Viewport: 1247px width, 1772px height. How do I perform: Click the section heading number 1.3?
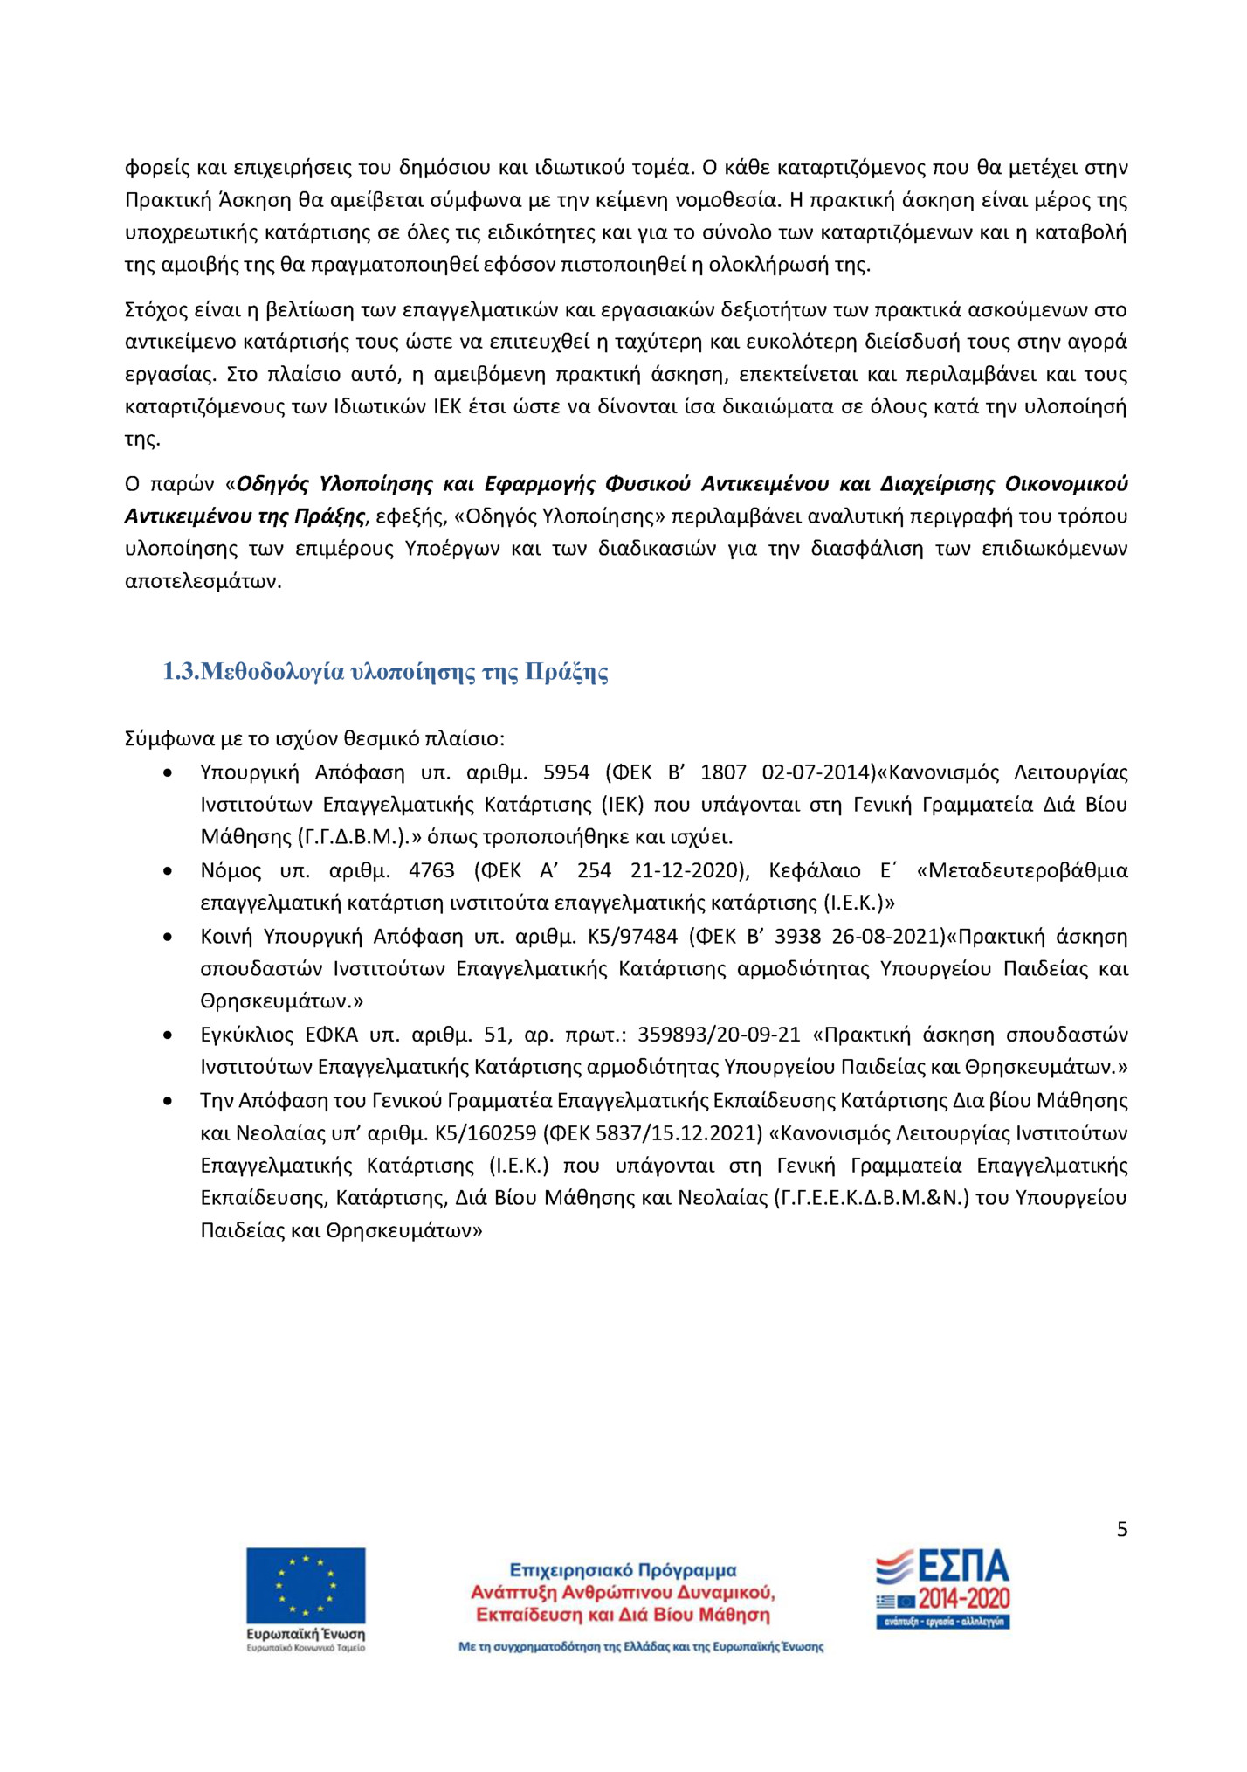pos(182,672)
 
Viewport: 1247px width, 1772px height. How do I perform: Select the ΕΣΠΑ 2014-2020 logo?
pos(943,1589)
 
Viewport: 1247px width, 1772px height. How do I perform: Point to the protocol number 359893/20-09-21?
pos(719,1035)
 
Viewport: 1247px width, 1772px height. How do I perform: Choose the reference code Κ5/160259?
pos(486,1133)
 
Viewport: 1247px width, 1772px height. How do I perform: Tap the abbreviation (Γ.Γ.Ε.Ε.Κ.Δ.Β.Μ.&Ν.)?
pos(872,1198)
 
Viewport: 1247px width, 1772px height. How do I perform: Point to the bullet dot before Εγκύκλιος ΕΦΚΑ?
pos(168,1035)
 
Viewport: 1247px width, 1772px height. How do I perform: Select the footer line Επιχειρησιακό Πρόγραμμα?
pos(623,1570)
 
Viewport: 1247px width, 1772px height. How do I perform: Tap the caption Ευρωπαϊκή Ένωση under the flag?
pos(306,1634)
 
